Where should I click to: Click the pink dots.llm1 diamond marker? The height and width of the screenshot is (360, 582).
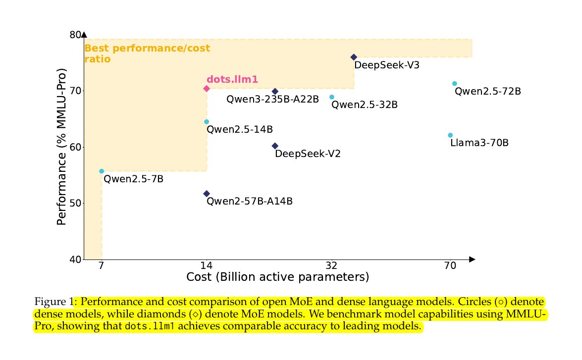[x=207, y=89]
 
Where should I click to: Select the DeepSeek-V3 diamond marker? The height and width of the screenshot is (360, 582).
[x=354, y=57]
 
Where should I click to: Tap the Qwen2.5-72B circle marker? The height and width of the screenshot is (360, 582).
[x=454, y=84]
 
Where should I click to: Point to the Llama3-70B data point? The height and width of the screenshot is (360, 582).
[x=450, y=135]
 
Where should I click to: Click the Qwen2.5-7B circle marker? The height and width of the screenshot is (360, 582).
[x=102, y=171]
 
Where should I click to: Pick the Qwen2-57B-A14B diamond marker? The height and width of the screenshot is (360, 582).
[x=207, y=194]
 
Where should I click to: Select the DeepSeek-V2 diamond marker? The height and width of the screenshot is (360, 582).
[x=275, y=146]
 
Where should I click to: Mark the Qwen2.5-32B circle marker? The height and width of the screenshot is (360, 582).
[x=332, y=97]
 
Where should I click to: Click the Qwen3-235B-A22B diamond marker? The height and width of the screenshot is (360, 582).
[x=275, y=92]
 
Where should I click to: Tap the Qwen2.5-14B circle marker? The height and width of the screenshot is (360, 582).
[x=207, y=122]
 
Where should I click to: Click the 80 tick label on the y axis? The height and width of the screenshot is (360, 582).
[x=75, y=35]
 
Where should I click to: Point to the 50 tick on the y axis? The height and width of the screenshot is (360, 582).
[x=75, y=204]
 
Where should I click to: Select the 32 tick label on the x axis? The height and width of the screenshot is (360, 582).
[x=332, y=265]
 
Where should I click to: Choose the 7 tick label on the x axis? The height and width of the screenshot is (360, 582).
[x=102, y=265]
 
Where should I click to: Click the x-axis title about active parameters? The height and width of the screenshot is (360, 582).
[x=277, y=277]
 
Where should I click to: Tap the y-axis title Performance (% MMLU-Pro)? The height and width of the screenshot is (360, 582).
[x=61, y=147]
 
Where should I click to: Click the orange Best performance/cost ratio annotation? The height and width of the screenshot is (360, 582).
[x=147, y=53]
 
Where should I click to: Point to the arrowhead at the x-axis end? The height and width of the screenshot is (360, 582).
[x=472, y=259]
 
